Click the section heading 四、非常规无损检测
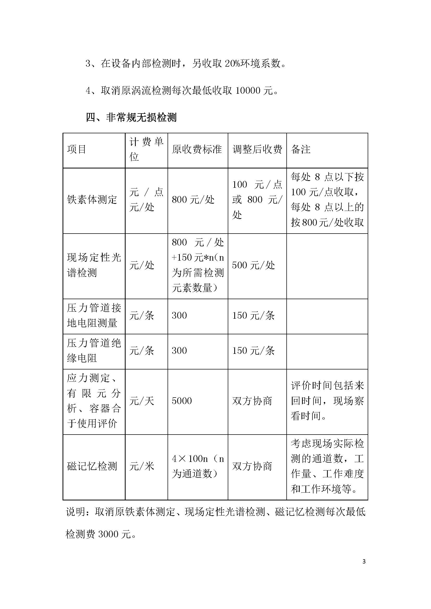(x=131, y=117)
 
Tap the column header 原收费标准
(x=197, y=149)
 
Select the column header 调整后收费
(x=257, y=149)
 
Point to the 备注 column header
(x=301, y=149)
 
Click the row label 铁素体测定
(x=92, y=200)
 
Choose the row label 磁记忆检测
(x=92, y=466)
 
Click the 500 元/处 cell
(x=254, y=265)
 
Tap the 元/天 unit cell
(x=141, y=401)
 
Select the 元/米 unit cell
(x=141, y=466)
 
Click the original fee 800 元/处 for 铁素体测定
(x=193, y=200)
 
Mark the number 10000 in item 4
(x=248, y=91)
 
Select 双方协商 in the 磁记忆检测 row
(x=252, y=466)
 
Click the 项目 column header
(x=76, y=149)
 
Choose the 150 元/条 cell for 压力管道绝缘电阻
(x=254, y=351)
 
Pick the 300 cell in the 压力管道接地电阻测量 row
(x=179, y=315)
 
